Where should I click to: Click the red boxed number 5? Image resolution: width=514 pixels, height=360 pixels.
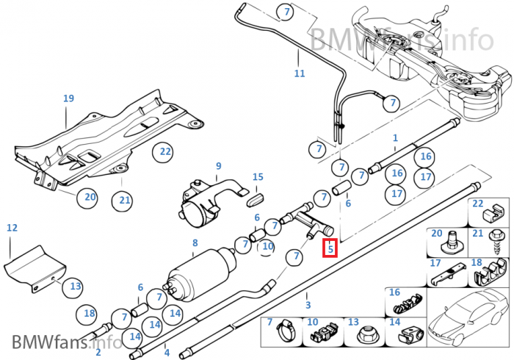(330, 249)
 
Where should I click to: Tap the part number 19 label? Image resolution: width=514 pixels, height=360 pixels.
(68, 98)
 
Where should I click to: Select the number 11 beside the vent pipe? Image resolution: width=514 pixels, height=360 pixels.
(299, 73)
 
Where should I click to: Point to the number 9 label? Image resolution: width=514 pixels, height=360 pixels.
(218, 166)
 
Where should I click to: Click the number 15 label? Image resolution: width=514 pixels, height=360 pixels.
(258, 177)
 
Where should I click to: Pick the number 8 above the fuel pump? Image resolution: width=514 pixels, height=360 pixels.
(195, 242)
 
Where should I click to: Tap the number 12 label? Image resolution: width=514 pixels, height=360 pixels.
(12, 228)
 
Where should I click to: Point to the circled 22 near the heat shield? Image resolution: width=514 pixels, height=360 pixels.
(163, 152)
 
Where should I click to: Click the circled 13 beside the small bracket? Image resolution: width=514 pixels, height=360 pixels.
(76, 287)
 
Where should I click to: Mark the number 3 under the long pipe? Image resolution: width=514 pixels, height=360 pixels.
(308, 305)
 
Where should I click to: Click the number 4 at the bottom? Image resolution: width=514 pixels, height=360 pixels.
(167, 353)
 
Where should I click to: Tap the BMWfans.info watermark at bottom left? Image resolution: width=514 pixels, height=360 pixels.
(66, 342)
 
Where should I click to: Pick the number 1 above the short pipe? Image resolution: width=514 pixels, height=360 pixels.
(395, 137)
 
